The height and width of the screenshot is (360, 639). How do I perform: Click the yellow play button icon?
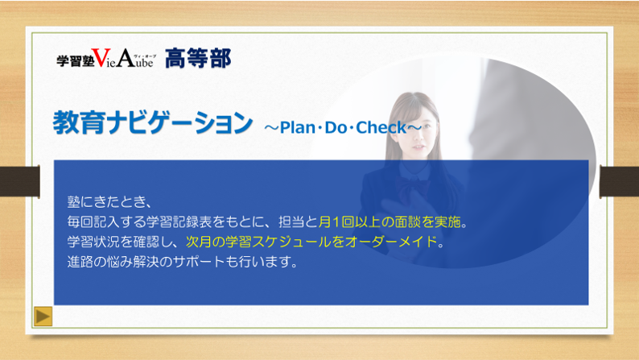(x=43, y=316)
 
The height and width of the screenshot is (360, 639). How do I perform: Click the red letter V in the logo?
(x=101, y=57)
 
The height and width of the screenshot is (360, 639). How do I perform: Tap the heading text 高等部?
(x=198, y=58)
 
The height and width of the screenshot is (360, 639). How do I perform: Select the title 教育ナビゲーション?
(x=153, y=122)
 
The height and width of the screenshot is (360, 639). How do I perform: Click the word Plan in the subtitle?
(x=298, y=127)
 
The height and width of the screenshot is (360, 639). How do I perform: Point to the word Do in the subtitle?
(x=336, y=127)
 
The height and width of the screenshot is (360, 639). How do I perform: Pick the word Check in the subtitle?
(x=381, y=127)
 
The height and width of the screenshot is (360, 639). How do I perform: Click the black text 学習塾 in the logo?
(x=76, y=60)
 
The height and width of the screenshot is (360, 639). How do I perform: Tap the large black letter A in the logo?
(x=126, y=57)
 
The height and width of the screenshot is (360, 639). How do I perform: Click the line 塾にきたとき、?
(x=110, y=201)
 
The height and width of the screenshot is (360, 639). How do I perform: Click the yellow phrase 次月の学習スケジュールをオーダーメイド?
(x=311, y=242)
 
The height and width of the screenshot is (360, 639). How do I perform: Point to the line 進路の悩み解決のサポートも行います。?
(x=183, y=261)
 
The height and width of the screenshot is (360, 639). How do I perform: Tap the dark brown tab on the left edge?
(x=20, y=181)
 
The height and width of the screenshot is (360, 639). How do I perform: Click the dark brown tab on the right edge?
(x=619, y=181)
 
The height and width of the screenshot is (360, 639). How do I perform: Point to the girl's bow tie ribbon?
(x=414, y=187)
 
